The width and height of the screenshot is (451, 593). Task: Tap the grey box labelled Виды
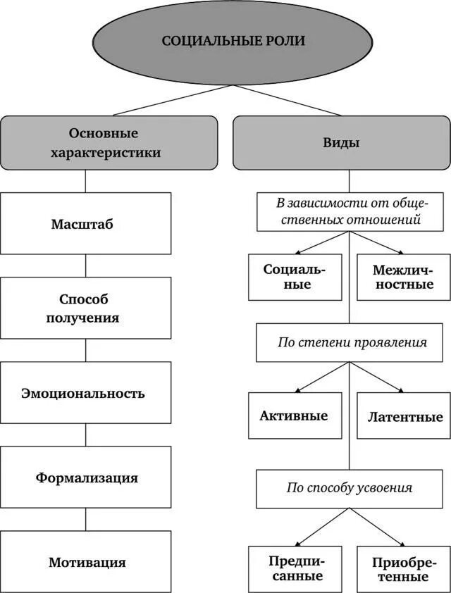click(x=341, y=142)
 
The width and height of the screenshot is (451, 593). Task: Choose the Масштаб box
click(x=85, y=224)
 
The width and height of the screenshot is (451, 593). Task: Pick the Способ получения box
click(x=85, y=308)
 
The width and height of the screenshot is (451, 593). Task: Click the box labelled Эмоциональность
click(x=85, y=393)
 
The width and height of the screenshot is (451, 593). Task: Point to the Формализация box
click(x=85, y=477)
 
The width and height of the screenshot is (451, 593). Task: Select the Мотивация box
click(x=85, y=562)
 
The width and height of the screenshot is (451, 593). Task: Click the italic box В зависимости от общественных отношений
click(x=350, y=211)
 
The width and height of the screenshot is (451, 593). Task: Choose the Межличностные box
click(x=403, y=276)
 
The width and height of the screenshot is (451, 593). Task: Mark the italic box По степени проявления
click(x=350, y=343)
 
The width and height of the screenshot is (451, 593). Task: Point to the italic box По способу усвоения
click(x=350, y=487)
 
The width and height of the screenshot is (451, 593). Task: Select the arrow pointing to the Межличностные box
click(x=377, y=243)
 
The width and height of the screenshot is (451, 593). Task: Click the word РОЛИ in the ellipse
click(x=287, y=41)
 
